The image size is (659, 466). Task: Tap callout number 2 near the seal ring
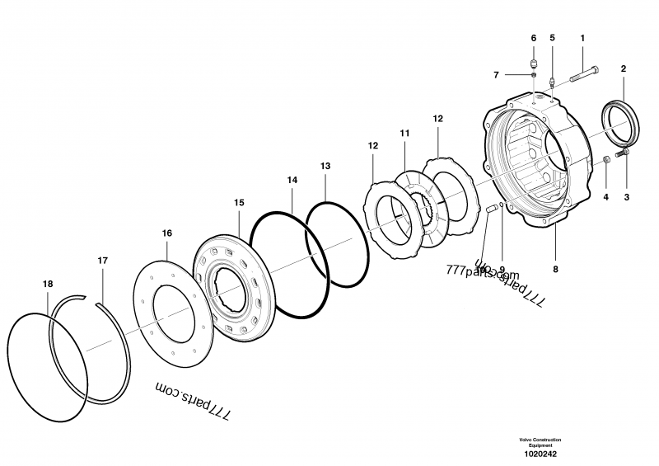tap(623, 70)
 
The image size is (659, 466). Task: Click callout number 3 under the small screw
tap(626, 197)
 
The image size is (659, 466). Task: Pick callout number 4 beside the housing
tap(605, 197)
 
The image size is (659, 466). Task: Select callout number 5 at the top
tap(552, 38)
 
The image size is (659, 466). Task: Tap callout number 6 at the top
tap(533, 38)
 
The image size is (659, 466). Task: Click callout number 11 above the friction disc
tap(404, 133)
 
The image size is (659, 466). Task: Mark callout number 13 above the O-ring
tap(325, 166)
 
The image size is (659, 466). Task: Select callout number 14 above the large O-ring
tap(292, 179)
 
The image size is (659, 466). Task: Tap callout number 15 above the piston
tap(239, 202)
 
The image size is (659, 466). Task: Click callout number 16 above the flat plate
tap(167, 233)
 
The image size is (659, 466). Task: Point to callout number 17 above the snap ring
tap(102, 261)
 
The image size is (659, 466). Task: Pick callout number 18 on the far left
tap(48, 284)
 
